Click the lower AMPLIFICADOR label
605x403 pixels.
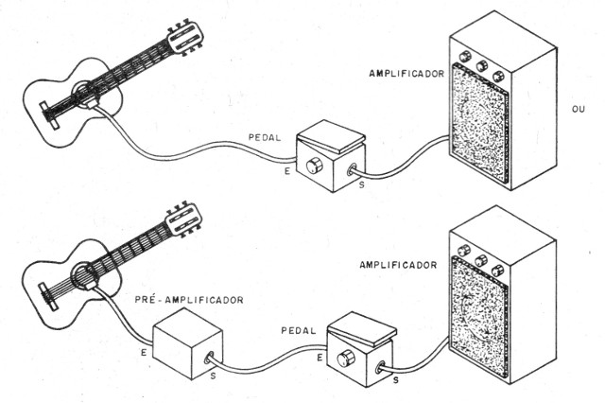pos(397,266)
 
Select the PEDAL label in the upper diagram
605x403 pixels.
pos(264,137)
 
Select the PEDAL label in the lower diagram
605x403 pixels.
pos(299,332)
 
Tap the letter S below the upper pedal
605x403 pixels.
pos(359,185)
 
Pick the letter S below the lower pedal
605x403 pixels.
pos(395,379)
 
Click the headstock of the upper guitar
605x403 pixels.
pos(184,36)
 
